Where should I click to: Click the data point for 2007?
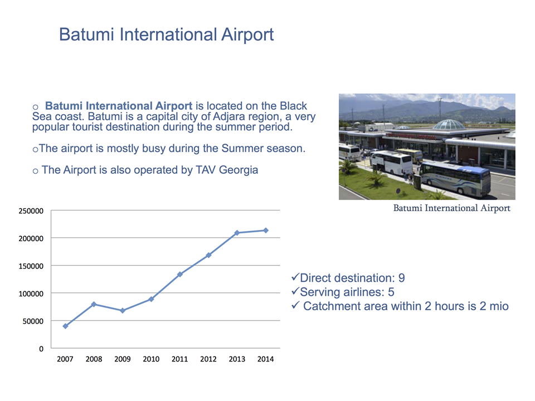[66, 326]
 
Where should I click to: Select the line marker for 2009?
[123, 311]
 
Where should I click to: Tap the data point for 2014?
[266, 231]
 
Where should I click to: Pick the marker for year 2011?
[180, 274]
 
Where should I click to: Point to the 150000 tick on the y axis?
[31, 266]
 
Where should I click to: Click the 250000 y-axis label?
[31, 211]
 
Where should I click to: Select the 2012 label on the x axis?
[208, 359]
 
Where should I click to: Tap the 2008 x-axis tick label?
[94, 359]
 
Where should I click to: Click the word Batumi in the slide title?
[87, 35]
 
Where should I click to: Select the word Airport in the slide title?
[247, 35]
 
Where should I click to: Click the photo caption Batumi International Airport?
[452, 208]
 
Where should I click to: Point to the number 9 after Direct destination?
[402, 278]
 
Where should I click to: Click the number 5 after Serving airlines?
[391, 292]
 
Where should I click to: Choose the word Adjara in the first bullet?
[228, 116]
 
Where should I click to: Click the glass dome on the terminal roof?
[449, 124]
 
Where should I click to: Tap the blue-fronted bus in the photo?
[455, 178]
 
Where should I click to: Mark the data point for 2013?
[237, 233]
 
